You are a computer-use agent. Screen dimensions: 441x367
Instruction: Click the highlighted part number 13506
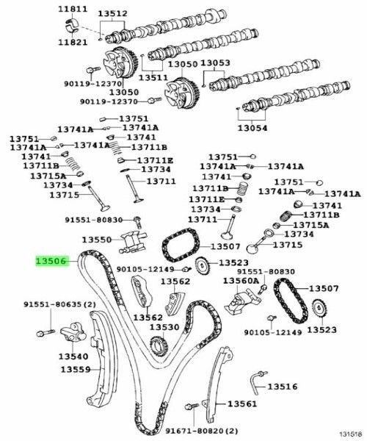(x=52, y=261)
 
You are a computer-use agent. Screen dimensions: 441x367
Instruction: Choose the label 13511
(x=154, y=77)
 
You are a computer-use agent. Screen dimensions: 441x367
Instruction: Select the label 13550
(x=97, y=240)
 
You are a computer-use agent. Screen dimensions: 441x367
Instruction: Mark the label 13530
(x=164, y=327)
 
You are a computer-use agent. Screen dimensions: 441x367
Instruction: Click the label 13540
(x=73, y=356)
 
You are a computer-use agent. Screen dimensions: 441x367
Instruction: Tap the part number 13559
(x=75, y=370)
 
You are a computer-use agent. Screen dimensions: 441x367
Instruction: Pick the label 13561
(x=241, y=404)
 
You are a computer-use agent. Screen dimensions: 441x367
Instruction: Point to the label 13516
(x=283, y=386)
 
